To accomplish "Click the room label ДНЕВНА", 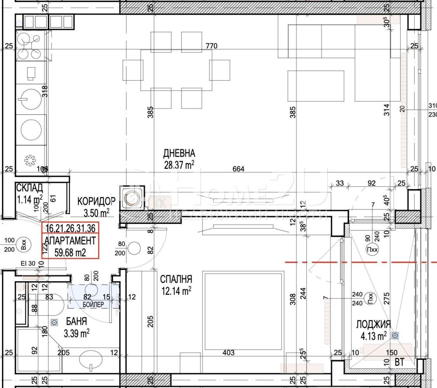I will pos(179,153).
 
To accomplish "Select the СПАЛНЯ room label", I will pos(176,279).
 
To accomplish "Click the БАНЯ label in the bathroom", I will pos(76,322).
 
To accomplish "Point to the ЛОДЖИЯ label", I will pos(373,324).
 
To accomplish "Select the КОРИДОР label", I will pos(96,201).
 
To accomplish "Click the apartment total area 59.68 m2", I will pos(70,252).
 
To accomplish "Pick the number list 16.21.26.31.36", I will pos(71,228).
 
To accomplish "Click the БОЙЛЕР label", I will pos(93,305).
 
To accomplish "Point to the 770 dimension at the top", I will pos(211,46).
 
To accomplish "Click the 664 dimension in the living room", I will pos(238,169).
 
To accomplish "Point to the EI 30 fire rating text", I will pos(28,263).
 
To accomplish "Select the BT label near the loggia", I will pos(399,362).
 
